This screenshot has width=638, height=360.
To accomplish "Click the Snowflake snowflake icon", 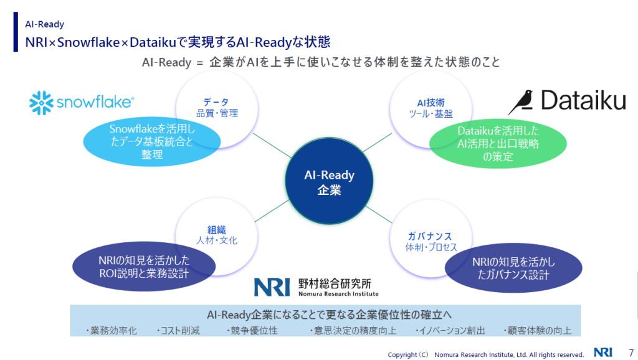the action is pos(41,103).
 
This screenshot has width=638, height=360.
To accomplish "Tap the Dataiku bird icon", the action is pos(521,102).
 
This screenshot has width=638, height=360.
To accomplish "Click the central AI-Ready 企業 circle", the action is pos(329,181).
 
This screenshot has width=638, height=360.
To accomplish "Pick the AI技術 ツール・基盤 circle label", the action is pos(431,108).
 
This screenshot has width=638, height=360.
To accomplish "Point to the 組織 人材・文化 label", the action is pos(216,235).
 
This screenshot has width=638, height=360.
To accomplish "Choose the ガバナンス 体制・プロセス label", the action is pos(431,242).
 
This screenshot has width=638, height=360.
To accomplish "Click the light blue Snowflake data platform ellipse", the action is pos(152,141).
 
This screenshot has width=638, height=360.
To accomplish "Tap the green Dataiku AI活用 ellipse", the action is pos(498,144).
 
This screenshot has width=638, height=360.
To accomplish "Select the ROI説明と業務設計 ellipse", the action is pos(144,267).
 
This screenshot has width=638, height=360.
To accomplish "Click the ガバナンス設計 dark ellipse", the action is pos(513,268).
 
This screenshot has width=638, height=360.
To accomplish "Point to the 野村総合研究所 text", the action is pos(335,283).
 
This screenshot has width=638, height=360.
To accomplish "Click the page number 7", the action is pos(631,353).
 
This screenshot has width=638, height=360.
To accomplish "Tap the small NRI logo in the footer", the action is pos(603,353).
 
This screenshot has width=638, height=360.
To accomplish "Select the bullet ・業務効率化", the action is pos(111,330).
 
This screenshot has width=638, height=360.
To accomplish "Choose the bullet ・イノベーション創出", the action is pos(450,330).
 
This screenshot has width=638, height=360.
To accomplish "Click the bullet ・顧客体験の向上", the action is pos(537,330).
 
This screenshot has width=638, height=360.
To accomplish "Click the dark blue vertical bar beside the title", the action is pos(16,32).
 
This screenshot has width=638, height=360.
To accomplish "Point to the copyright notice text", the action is pos(485,355).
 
